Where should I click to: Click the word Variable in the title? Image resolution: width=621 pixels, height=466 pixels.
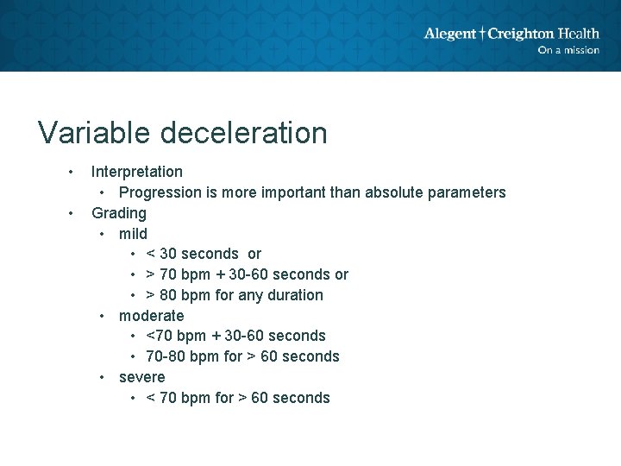click(x=95, y=133)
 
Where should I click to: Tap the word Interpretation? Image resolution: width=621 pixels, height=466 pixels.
click(x=137, y=172)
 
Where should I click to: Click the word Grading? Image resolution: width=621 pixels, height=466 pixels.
click(x=119, y=213)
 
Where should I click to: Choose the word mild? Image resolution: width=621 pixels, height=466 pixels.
click(x=133, y=234)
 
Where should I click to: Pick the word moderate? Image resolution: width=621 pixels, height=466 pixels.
click(x=151, y=316)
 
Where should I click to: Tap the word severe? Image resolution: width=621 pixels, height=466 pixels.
click(x=141, y=377)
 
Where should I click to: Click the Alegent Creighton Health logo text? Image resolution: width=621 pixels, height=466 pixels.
click(x=511, y=34)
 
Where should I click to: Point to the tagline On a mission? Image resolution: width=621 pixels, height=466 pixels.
click(x=568, y=50)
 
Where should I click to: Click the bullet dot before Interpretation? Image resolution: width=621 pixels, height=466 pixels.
click(x=72, y=172)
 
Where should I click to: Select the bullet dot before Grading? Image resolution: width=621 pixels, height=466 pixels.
click(x=72, y=213)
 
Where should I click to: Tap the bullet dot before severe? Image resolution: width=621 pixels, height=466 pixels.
click(x=103, y=377)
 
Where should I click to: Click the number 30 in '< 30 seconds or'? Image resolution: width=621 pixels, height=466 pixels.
click(x=169, y=254)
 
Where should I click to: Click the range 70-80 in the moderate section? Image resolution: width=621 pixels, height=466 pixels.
click(x=165, y=356)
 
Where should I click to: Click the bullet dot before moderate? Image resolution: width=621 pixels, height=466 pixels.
click(x=103, y=316)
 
